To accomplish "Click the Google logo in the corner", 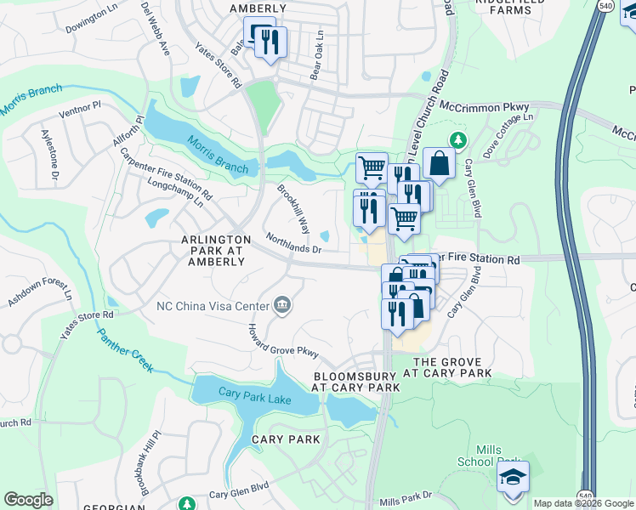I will click(28, 500).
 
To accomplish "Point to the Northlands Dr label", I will click(293, 244).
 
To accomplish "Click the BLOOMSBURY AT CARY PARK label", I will click(356, 381).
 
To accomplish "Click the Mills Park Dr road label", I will click(407, 501).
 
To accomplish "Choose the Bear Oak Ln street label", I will click(317, 56).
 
